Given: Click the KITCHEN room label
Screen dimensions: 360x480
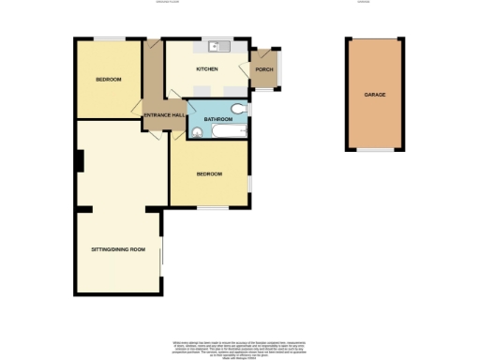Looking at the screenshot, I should tap(207, 69).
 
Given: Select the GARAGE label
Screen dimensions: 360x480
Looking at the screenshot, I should tap(376, 95).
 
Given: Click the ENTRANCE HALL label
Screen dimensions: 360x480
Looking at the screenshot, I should tap(162, 115).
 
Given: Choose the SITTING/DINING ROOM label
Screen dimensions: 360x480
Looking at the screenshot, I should tap(118, 248).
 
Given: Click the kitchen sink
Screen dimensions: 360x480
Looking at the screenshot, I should tap(217, 44).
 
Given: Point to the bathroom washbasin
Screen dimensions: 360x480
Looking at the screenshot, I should tap(196, 133).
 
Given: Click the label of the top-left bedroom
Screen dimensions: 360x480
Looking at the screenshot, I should tap(108, 80).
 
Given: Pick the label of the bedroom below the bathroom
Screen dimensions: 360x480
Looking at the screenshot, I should tap(209, 174).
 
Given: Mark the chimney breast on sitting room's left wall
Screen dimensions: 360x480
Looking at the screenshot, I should tap(80, 162).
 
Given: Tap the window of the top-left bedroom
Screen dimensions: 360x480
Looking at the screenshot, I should tap(109, 37).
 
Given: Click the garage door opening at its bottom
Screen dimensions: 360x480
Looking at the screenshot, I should tap(376, 150).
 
